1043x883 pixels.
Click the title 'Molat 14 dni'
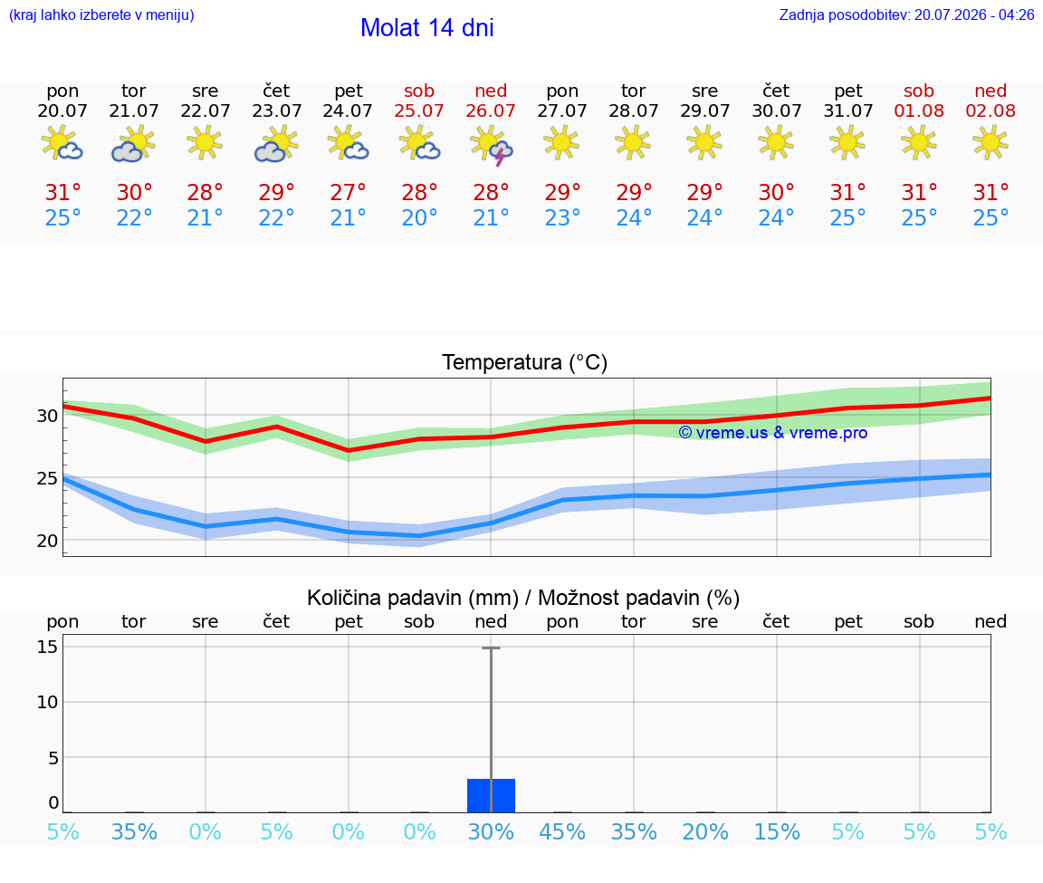427,28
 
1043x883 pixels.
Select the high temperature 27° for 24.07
348,192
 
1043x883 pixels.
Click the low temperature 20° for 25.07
419,217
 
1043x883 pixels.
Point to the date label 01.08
919,111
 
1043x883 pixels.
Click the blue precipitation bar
491,795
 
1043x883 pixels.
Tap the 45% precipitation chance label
562,832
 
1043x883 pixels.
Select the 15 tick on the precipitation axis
47,646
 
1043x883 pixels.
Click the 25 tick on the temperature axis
47,478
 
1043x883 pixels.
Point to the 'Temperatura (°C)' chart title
525,362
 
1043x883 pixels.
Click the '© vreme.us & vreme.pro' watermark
773,433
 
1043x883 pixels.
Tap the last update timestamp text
906,14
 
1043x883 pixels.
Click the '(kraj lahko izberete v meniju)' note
101,14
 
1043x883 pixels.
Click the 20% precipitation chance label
705,832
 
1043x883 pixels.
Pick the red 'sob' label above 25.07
419,91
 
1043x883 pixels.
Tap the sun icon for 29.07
704,143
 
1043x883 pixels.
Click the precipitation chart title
523,599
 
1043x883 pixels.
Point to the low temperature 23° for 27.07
562,217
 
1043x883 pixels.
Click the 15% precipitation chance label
776,832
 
